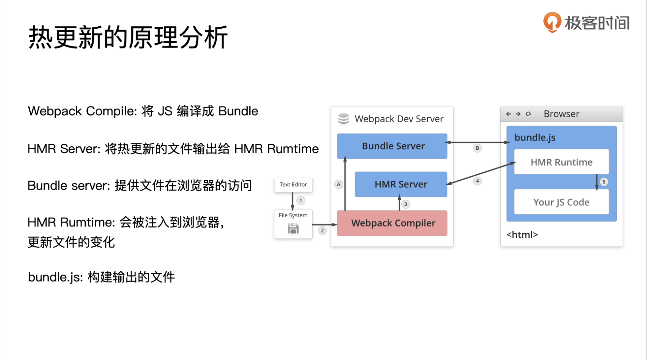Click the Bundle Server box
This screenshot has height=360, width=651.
(392, 146)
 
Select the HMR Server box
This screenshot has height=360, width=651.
(401, 184)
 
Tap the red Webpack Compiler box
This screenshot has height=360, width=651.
(392, 223)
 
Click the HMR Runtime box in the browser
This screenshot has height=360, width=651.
(561, 162)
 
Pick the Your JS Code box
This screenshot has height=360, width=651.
(561, 202)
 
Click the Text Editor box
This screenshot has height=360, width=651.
(293, 185)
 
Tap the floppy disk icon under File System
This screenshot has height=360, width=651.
(293, 228)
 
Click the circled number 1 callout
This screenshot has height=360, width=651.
(301, 200)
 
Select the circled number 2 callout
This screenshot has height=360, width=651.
(323, 230)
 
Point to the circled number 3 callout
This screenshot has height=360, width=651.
(406, 204)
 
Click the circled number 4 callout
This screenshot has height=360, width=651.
(477, 181)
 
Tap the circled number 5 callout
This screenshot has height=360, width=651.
(604, 182)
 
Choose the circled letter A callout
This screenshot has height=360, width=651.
(339, 184)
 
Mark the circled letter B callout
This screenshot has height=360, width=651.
(477, 148)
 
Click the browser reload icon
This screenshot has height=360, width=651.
(529, 114)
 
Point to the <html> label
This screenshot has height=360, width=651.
(522, 234)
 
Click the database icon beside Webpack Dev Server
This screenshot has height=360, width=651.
(344, 119)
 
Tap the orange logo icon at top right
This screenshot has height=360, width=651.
(552, 22)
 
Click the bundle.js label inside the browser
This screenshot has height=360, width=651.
(535, 137)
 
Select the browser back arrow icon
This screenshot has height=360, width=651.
(509, 114)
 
